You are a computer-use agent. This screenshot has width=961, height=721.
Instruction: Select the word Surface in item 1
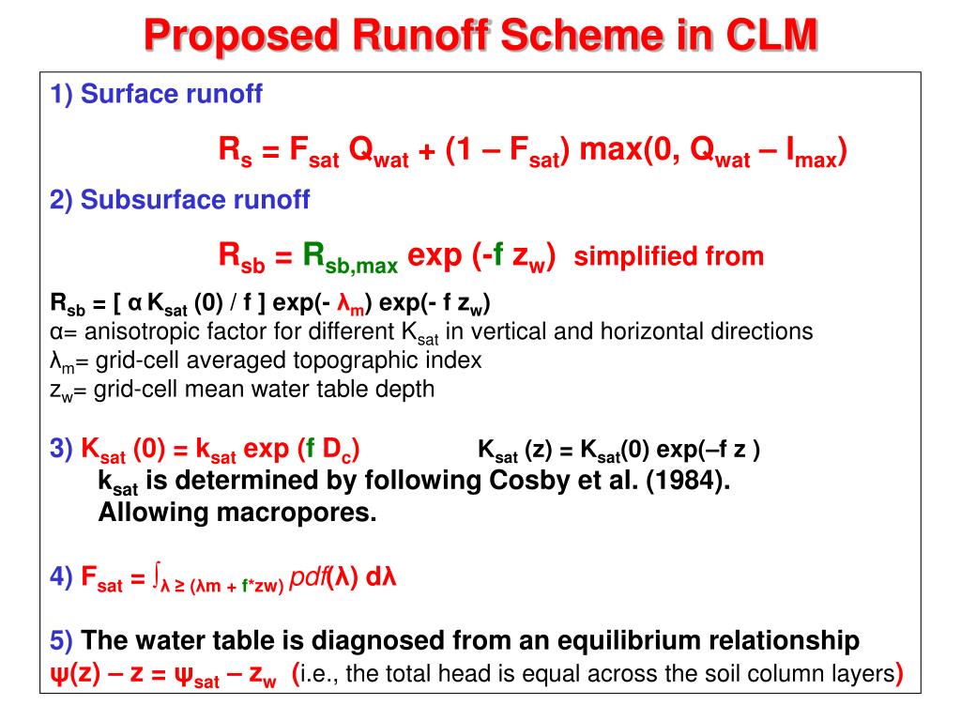[119, 94]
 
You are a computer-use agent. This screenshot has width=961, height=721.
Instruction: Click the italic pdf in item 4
[307, 575]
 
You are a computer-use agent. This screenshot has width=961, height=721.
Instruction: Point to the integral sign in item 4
[158, 573]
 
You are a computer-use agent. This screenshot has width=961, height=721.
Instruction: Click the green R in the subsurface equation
[313, 253]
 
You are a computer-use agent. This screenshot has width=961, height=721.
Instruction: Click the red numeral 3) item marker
[62, 449]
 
